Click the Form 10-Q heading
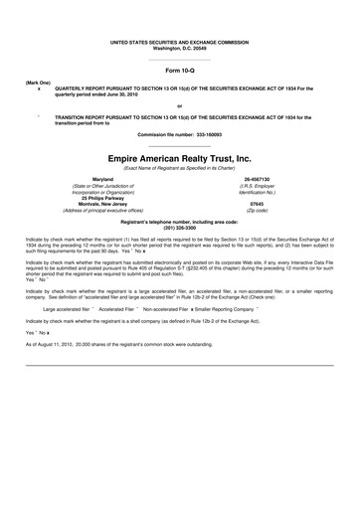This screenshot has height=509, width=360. [179, 73]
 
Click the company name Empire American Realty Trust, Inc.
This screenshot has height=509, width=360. [179, 157]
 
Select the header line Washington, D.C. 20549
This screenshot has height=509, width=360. [179, 48]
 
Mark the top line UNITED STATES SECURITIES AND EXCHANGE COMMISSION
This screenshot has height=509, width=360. [179, 42]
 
